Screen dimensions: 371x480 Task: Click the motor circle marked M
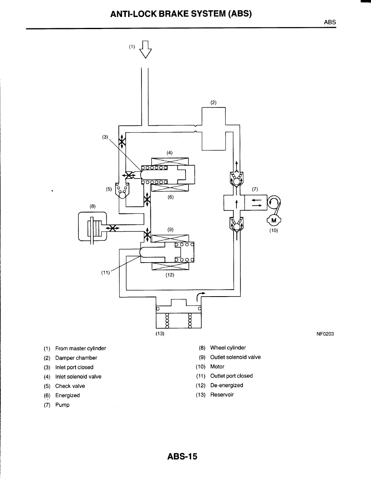click(274, 220)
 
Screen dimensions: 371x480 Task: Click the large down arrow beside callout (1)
click(145, 49)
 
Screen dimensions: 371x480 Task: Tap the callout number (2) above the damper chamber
click(213, 103)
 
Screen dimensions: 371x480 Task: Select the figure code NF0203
click(325, 334)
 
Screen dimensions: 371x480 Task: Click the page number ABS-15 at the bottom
click(182, 457)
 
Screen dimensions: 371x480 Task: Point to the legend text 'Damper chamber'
click(76, 358)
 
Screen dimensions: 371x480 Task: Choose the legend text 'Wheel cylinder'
click(228, 348)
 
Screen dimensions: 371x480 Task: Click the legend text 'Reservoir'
click(222, 395)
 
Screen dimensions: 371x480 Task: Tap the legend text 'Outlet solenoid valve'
click(235, 357)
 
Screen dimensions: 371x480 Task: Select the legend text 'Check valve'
click(70, 386)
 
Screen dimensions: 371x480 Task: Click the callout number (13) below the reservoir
click(160, 333)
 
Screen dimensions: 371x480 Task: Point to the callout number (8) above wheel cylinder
click(93, 206)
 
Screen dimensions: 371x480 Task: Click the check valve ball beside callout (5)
click(122, 195)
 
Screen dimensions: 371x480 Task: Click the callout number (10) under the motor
click(274, 231)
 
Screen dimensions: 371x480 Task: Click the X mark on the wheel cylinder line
click(113, 228)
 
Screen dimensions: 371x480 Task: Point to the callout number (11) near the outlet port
click(105, 272)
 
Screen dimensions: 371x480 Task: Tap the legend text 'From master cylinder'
click(80, 348)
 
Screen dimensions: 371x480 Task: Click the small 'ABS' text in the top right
click(330, 22)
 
